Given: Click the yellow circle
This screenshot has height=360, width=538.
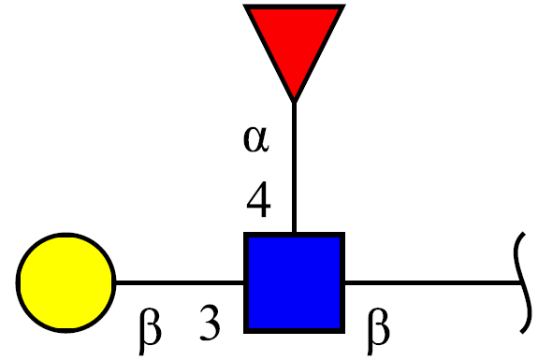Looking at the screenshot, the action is coord(65,282).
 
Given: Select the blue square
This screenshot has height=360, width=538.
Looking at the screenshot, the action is coord(294,282).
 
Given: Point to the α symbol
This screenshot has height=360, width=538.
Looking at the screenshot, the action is coord(256,138).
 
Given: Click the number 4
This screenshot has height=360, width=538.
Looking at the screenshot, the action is coord(258,199).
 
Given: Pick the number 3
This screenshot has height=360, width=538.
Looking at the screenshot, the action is coord(210,324).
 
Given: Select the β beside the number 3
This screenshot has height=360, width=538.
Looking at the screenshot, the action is coord(150,330).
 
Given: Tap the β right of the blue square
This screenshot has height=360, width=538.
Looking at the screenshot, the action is coord(378,330).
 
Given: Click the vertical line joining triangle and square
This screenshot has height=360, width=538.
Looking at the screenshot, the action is coord(294,167).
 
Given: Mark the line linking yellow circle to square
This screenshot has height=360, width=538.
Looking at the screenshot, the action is coord(180,282).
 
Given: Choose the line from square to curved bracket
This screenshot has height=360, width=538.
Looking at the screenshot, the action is coord(433,282).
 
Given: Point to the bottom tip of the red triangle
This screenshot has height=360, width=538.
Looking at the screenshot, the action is coord(294,102).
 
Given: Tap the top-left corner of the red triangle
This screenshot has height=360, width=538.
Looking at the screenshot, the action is coord(243,5).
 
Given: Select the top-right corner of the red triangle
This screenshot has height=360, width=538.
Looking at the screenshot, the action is coord(345,5).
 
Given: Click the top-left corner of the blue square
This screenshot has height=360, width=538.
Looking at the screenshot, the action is coord(244,233).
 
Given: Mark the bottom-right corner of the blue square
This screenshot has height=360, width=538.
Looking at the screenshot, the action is coord(344,333).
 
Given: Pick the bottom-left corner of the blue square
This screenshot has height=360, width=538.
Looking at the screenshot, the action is coord(244,333).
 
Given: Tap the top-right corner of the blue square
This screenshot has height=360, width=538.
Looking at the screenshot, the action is coord(344,233).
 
